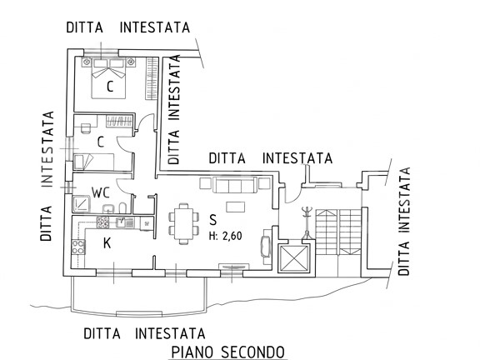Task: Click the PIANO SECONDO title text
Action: click(x=227, y=352)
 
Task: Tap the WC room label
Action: click(x=101, y=192)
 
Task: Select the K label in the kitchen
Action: click(x=107, y=243)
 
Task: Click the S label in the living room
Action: click(x=212, y=220)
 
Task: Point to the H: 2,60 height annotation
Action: click(x=225, y=236)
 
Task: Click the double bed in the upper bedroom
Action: click(x=108, y=78)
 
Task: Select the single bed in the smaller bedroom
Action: click(x=94, y=162)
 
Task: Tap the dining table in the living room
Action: click(x=183, y=224)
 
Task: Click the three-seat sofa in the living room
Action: click(x=235, y=185)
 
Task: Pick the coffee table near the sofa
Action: click(x=235, y=207)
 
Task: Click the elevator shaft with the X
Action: click(x=294, y=258)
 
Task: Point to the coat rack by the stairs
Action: click(x=307, y=222)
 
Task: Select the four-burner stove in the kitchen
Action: click(x=78, y=247)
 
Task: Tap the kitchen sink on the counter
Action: click(x=126, y=222)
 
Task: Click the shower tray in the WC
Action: click(x=81, y=204)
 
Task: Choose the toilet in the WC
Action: click(x=122, y=207)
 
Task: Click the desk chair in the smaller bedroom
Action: click(x=86, y=128)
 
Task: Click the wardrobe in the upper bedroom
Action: click(x=152, y=78)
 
